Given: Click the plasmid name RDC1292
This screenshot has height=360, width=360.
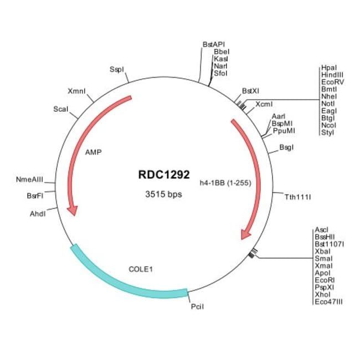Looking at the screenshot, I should tap(163, 174).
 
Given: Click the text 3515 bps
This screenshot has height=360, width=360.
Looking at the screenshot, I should tap(163, 194).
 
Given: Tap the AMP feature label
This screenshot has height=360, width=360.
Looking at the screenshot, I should tap(94, 151).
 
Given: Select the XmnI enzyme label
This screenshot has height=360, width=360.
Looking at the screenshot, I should tap(76, 91).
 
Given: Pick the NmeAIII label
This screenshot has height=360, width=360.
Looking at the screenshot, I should tap(30, 179).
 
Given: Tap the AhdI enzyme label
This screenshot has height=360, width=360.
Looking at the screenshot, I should tap(37, 213).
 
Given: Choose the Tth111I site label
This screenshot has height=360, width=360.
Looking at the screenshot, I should tap(297, 197).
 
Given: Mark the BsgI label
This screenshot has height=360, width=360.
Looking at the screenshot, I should tap(286, 147).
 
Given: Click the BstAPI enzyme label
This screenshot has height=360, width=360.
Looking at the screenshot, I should tap(214, 44).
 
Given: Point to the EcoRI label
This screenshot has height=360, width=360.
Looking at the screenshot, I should tap(324, 280).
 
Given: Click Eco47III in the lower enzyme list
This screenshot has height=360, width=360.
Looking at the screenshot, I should tap(329, 301).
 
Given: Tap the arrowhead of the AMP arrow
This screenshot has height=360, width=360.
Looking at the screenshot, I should tap(71, 210).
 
